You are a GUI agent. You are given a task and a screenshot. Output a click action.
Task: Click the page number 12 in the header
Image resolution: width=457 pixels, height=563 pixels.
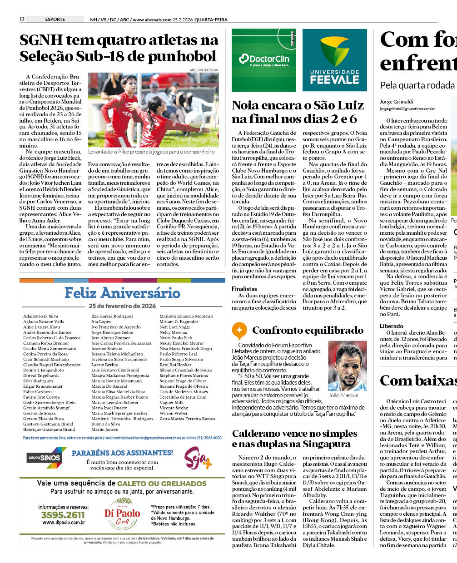click(x=22, y=19)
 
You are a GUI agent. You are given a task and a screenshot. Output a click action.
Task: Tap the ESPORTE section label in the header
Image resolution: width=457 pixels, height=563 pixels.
click(x=55, y=19)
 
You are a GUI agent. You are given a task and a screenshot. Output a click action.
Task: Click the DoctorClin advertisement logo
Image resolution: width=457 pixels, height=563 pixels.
click(x=264, y=60)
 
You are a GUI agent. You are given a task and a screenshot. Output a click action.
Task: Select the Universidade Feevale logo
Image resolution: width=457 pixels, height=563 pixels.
click(x=335, y=60)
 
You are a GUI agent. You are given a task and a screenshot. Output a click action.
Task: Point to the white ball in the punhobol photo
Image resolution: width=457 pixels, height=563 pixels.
click(x=194, y=119)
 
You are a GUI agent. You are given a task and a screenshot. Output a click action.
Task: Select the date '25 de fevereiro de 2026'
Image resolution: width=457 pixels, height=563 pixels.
click(x=122, y=306)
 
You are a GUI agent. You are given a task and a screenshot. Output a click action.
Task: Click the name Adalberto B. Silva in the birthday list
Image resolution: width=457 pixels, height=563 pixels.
click(x=40, y=316)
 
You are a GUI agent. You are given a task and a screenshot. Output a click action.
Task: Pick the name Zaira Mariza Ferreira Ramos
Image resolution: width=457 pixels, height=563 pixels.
click(x=187, y=419)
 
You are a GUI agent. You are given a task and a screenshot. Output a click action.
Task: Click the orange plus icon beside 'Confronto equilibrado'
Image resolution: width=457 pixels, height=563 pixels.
click(x=239, y=330)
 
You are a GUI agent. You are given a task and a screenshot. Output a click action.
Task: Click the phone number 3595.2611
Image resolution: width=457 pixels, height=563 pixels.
click(x=63, y=515)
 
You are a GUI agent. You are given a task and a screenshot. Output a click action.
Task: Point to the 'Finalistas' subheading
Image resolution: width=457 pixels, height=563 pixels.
click(x=244, y=289)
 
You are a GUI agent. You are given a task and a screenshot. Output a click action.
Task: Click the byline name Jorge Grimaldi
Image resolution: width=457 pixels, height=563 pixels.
click(x=397, y=102)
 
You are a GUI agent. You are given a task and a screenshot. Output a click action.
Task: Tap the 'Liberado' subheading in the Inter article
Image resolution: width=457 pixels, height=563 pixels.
click(x=392, y=326)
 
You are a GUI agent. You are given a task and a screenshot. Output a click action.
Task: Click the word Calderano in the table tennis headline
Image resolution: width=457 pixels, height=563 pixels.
click(x=258, y=434)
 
